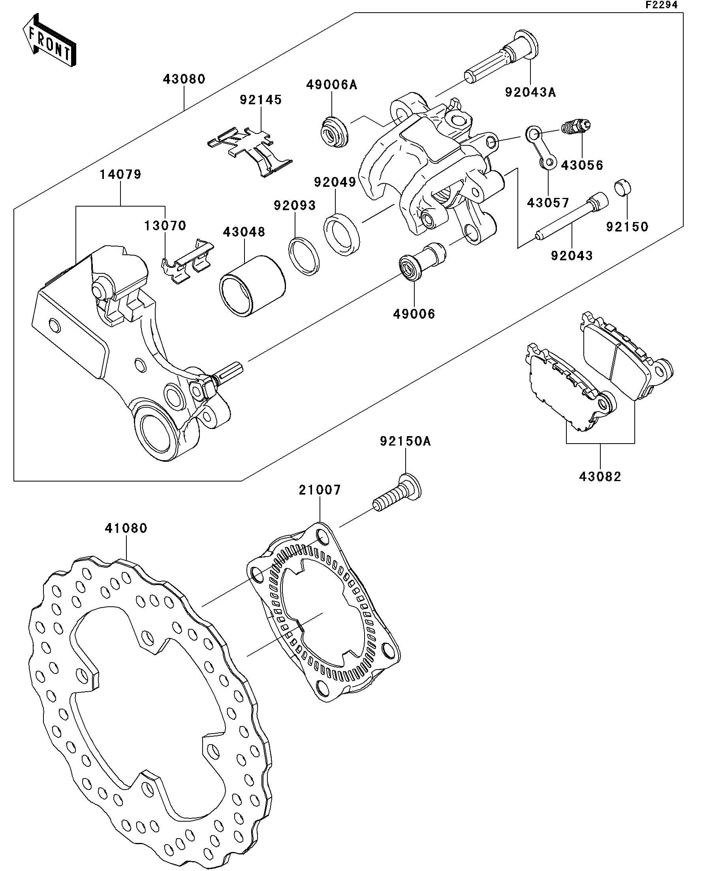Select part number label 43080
tap(184, 79)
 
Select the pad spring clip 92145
tap(250, 149)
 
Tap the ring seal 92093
tap(304, 256)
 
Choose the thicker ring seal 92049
tap(342, 234)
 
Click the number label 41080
tap(126, 529)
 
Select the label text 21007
tap(320, 490)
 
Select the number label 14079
tap(120, 175)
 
